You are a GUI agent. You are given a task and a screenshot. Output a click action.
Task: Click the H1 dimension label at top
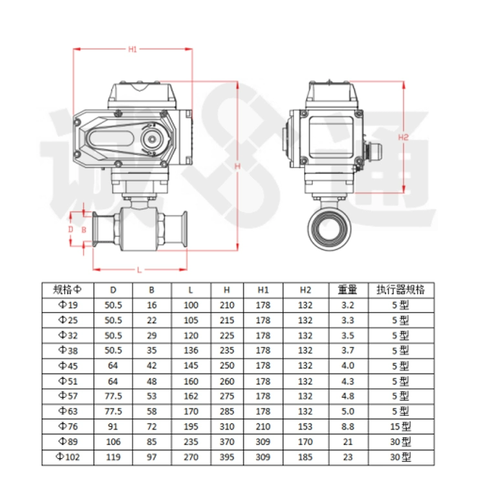(133, 49)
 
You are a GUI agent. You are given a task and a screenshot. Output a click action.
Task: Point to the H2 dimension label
(403, 137)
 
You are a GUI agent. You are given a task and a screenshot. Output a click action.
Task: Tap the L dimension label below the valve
(139, 271)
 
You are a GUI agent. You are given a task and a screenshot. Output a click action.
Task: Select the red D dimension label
(70, 229)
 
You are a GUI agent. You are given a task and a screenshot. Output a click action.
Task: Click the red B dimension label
(83, 230)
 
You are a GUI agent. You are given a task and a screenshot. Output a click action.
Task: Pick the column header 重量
(347, 290)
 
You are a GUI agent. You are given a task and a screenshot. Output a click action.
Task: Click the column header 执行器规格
(400, 290)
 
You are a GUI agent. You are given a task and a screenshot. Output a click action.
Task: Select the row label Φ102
(68, 457)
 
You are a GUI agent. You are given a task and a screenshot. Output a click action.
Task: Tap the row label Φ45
(68, 366)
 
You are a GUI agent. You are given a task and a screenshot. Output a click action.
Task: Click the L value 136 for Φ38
(191, 350)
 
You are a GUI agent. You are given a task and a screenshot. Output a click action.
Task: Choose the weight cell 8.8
(347, 426)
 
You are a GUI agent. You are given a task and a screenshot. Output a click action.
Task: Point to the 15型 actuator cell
(400, 426)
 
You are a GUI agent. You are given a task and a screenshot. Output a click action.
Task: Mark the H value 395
(227, 457)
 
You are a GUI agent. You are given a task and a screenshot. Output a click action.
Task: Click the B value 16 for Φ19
(151, 305)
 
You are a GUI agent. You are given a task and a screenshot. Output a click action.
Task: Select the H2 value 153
(305, 426)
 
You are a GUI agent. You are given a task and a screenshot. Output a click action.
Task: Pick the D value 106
(113, 442)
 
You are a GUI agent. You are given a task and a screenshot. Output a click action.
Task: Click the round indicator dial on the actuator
(152, 139)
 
